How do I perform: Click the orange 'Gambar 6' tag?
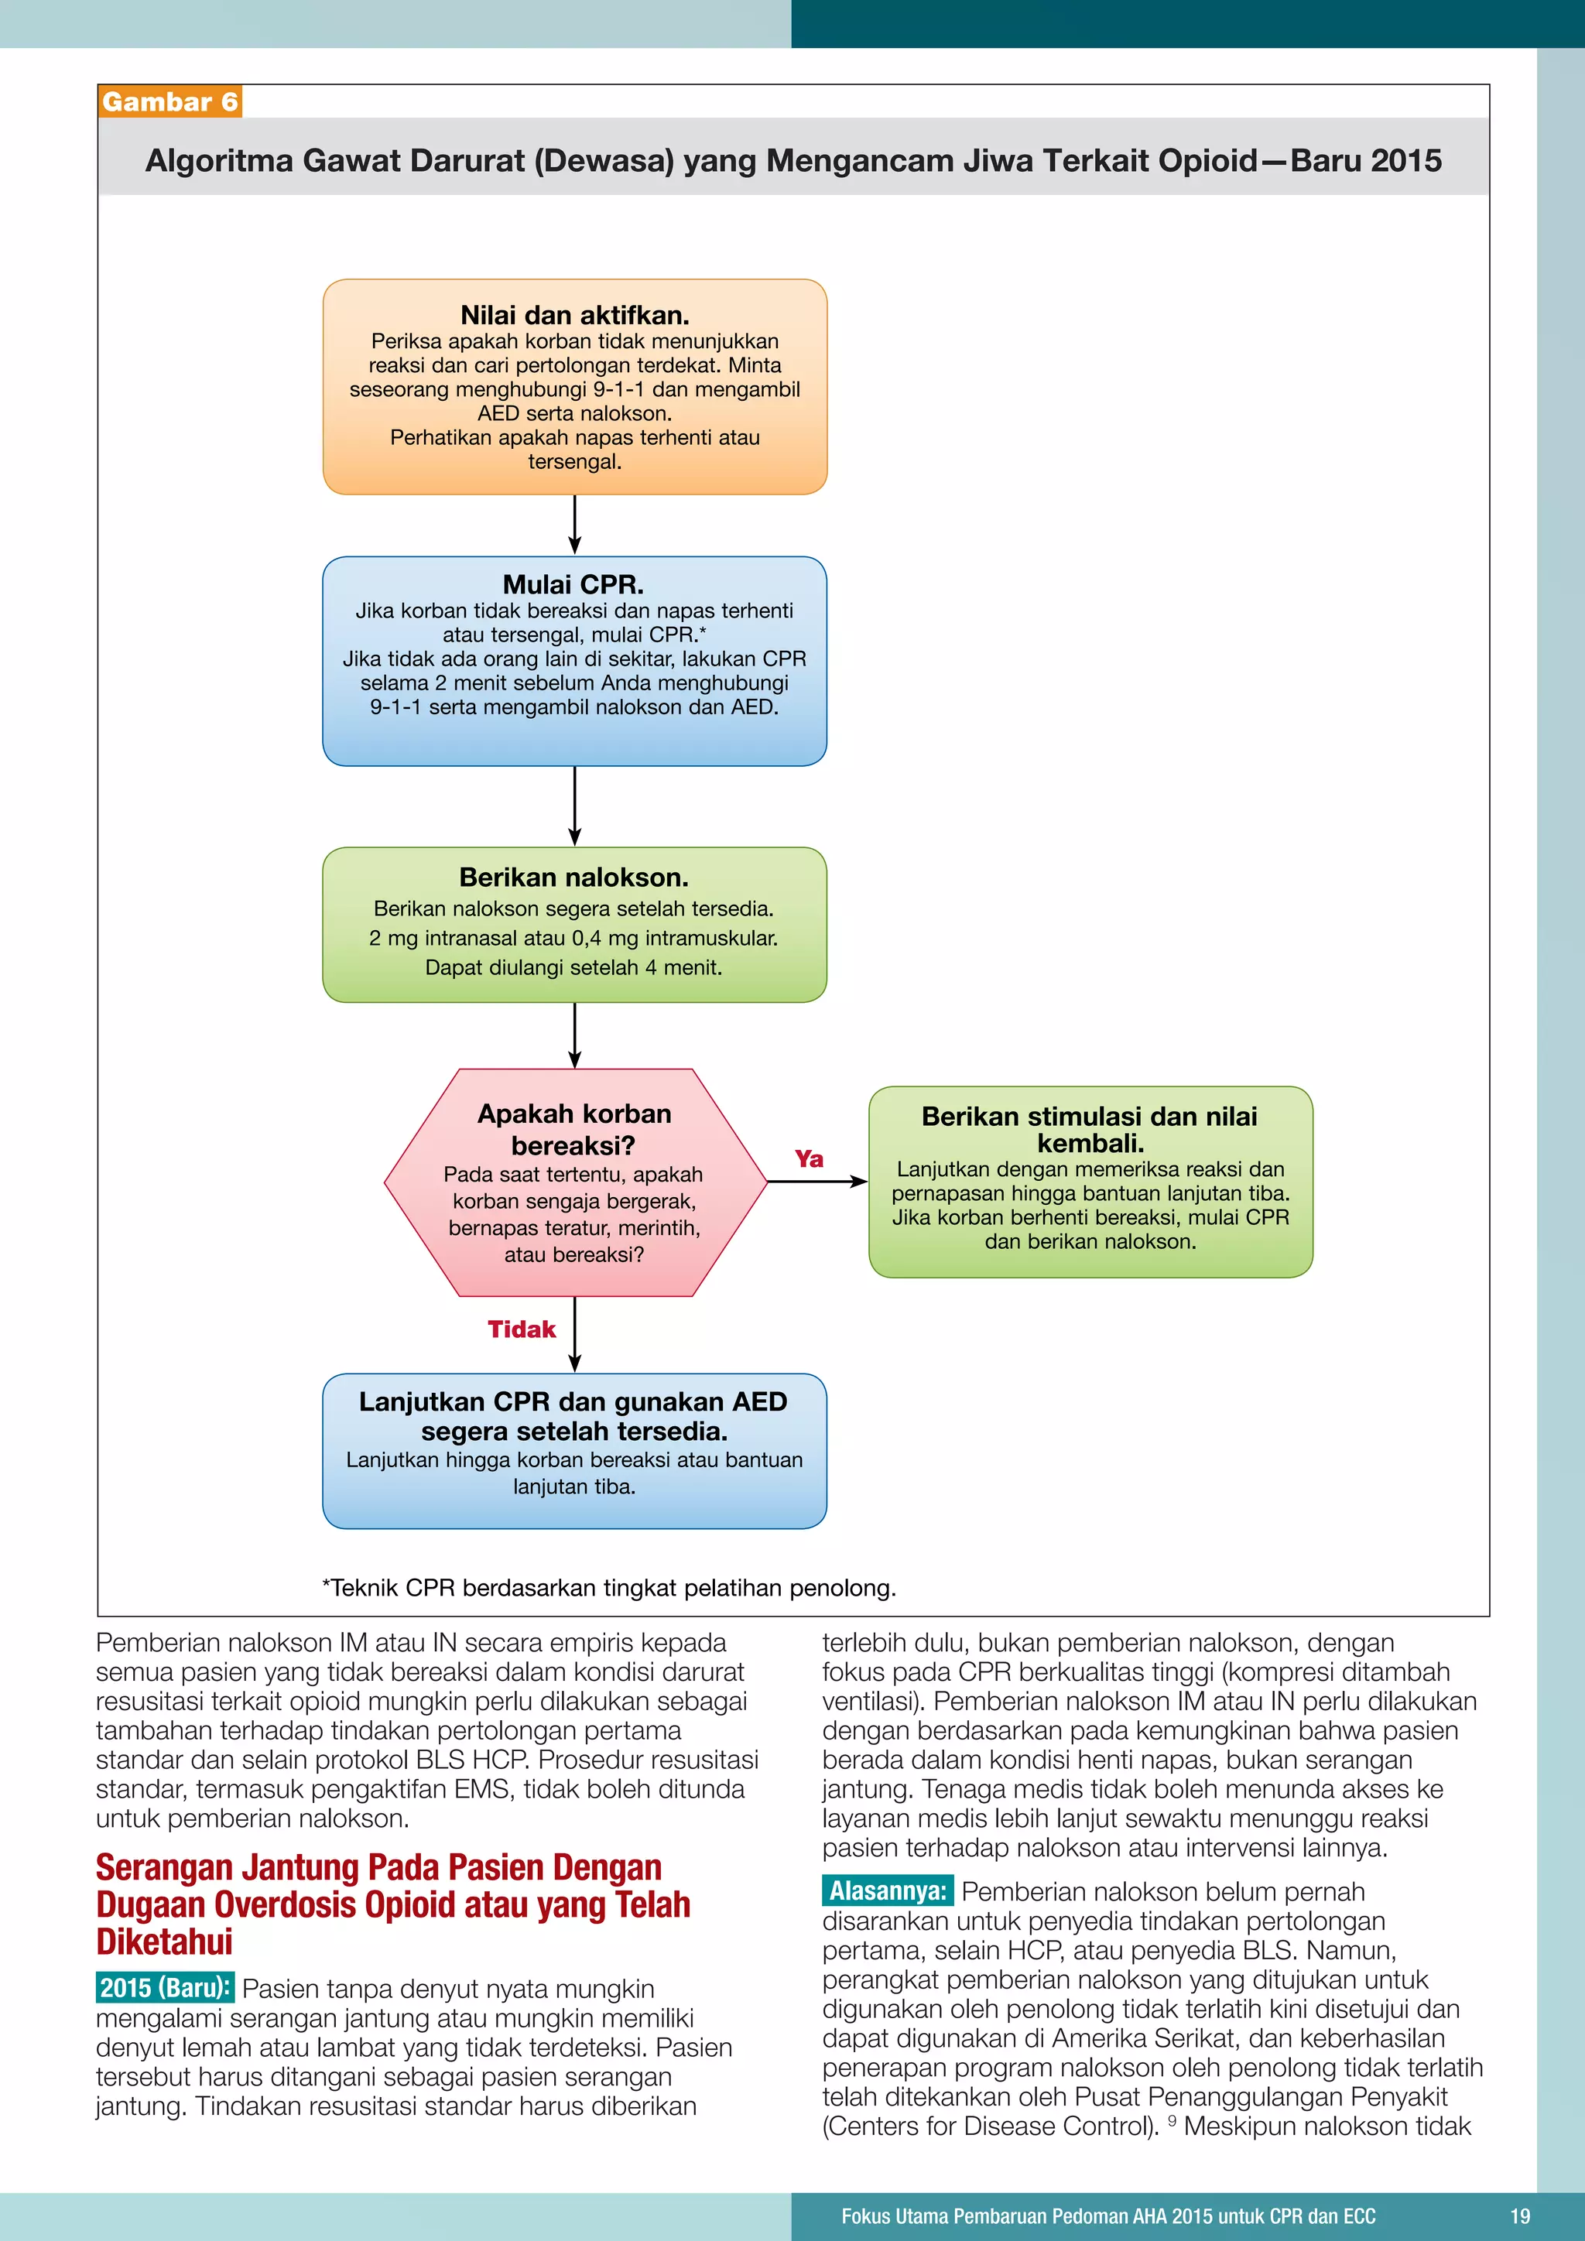click(169, 101)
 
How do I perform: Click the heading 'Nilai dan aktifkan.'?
click(575, 315)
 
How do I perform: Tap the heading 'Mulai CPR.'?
click(573, 585)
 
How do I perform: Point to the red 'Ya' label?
click(809, 1158)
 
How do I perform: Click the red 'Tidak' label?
click(521, 1329)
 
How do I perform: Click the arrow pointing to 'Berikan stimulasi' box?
click(817, 1182)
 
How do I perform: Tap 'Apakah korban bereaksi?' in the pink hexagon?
click(574, 1129)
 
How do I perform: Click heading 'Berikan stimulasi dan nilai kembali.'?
click(1089, 1129)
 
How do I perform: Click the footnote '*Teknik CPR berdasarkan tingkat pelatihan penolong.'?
click(609, 1588)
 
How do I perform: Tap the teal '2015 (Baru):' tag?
click(165, 1988)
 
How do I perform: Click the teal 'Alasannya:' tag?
click(887, 1890)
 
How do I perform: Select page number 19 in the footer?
click(1520, 2215)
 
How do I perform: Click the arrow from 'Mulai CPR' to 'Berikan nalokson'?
click(575, 806)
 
